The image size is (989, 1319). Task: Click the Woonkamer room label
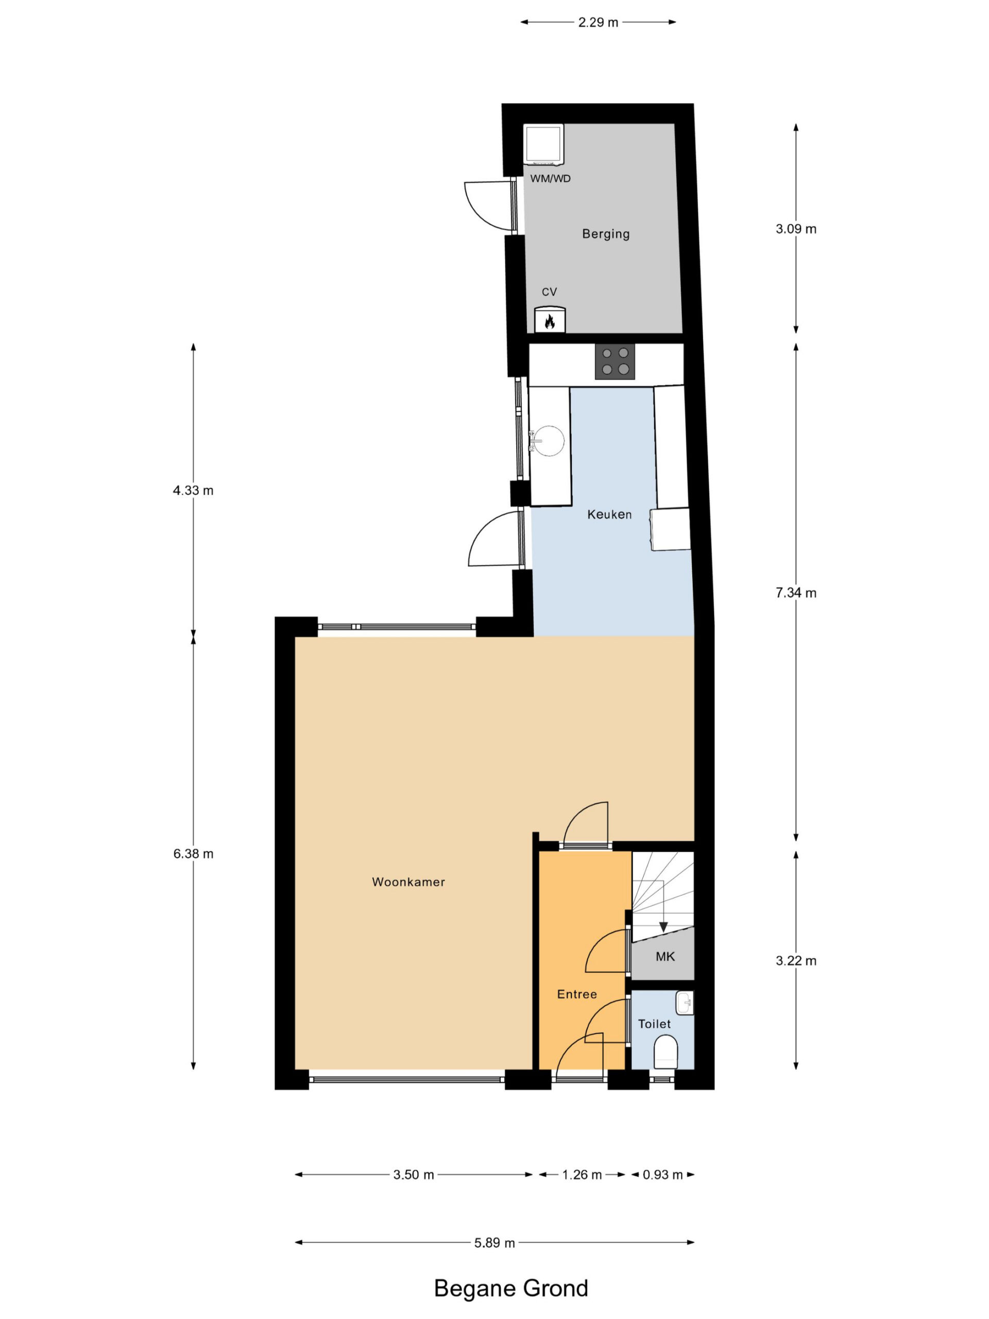(x=408, y=882)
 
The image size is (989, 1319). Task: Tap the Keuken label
(x=609, y=514)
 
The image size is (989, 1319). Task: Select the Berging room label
(x=606, y=234)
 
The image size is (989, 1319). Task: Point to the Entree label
(x=577, y=994)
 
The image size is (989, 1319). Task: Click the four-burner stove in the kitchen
(x=615, y=361)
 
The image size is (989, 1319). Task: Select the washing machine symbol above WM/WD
(x=543, y=144)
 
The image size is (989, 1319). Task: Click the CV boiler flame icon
(x=550, y=322)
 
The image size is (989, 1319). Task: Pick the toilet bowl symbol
(x=666, y=1052)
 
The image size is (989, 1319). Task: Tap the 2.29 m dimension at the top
(x=599, y=22)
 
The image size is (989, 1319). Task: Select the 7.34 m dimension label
(x=796, y=592)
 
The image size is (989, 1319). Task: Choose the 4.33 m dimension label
(x=193, y=490)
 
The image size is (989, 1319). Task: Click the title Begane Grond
(x=511, y=1289)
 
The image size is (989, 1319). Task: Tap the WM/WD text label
(x=550, y=178)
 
